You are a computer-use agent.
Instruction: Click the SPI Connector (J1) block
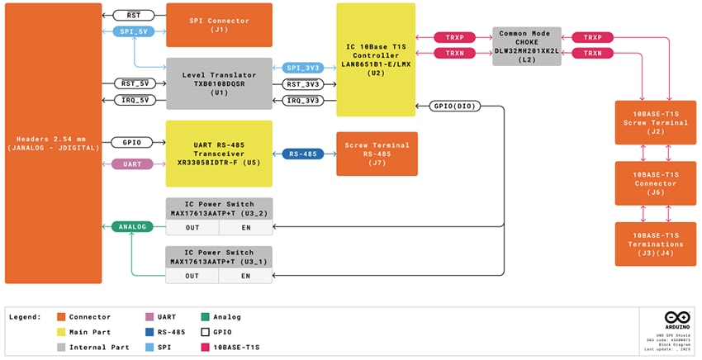tap(219, 25)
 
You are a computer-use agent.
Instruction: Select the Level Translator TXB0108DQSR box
tap(219, 83)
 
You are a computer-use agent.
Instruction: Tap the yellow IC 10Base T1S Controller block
tap(376, 59)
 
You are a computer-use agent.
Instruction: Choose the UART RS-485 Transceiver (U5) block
tap(219, 153)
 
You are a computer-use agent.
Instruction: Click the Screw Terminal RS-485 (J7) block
tap(377, 154)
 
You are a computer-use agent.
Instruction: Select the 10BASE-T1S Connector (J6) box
tap(656, 183)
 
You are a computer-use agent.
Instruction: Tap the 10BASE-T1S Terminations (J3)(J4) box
tap(656, 244)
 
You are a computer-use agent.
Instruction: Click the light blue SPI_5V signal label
tap(134, 31)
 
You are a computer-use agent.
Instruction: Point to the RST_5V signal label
tap(134, 83)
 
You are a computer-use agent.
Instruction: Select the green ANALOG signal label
tap(133, 226)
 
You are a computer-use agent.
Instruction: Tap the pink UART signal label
tap(133, 164)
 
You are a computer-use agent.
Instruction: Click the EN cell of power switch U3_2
tap(245, 227)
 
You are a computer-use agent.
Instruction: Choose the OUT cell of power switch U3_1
tap(192, 276)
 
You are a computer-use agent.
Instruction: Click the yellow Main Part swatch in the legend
tap(62, 332)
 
